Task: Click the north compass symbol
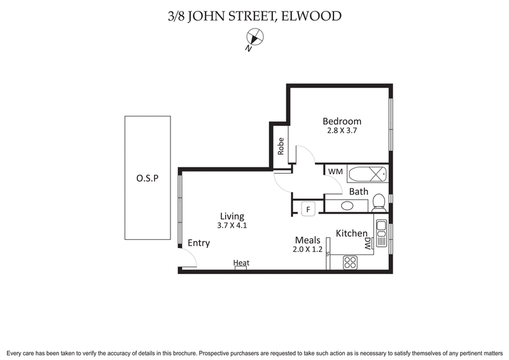[x=254, y=38]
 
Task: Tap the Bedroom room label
[x=342, y=121]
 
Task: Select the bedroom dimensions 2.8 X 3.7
[x=342, y=132]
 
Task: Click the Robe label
[x=281, y=148]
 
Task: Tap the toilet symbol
[x=379, y=202]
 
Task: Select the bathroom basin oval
[x=347, y=205]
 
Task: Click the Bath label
[x=359, y=191]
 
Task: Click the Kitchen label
[x=351, y=233]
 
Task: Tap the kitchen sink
[x=381, y=233]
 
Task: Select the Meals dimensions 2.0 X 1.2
[x=307, y=250]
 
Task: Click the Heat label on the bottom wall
[x=241, y=262]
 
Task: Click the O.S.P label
[x=147, y=179]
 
